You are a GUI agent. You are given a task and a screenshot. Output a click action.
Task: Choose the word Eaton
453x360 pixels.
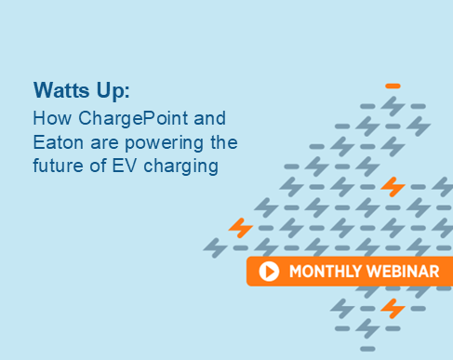click(56, 143)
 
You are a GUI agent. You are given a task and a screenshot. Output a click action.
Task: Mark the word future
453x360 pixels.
click(58, 167)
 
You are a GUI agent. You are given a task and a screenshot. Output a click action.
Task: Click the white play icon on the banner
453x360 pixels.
click(270, 272)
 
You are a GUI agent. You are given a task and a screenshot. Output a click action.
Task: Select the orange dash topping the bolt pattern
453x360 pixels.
click(393, 86)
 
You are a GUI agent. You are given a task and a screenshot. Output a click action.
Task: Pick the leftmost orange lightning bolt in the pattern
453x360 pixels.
click(241, 227)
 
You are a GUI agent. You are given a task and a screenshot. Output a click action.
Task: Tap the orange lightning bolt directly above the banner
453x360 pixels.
click(393, 187)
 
